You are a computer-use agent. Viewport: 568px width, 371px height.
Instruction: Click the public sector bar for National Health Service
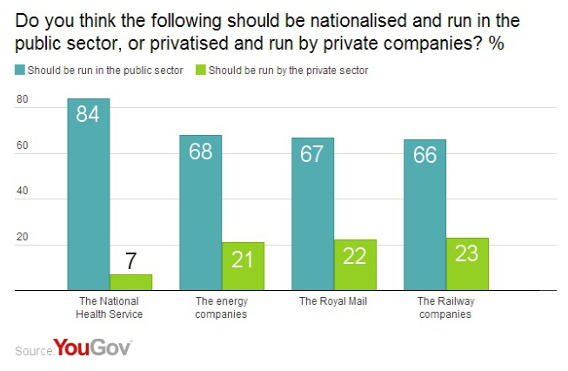[89, 193]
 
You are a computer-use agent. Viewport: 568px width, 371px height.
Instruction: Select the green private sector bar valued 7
[130, 281]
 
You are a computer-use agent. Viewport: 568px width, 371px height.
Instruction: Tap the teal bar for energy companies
[200, 212]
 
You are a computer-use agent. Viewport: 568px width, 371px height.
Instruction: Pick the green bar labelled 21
[243, 266]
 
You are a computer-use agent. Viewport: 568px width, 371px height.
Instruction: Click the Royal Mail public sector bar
[312, 213]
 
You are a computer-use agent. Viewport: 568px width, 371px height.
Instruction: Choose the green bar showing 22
[355, 264]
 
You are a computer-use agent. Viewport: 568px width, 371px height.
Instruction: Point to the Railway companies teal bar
[424, 214]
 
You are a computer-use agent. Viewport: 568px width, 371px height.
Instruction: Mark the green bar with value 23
[467, 263]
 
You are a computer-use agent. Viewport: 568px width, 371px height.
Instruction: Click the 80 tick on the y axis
[23, 100]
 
